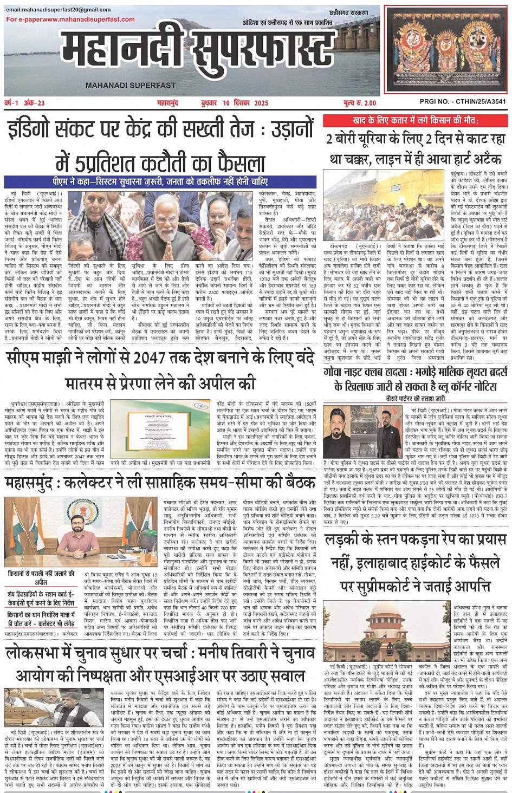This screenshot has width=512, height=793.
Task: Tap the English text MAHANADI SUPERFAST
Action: pyautogui.click(x=131, y=86)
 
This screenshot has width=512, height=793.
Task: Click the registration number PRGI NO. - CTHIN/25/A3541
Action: pyautogui.click(x=463, y=102)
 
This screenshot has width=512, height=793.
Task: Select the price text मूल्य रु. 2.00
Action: pyautogui.click(x=359, y=103)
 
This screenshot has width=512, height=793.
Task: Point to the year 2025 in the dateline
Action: pyautogui.click(x=261, y=103)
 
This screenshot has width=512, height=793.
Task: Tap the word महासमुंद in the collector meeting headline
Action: pyautogui.click(x=30, y=482)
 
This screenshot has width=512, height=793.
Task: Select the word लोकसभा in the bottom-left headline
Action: pyautogui.click(x=37, y=653)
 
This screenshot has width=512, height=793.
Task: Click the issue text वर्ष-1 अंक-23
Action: pyautogui.click(x=25, y=103)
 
